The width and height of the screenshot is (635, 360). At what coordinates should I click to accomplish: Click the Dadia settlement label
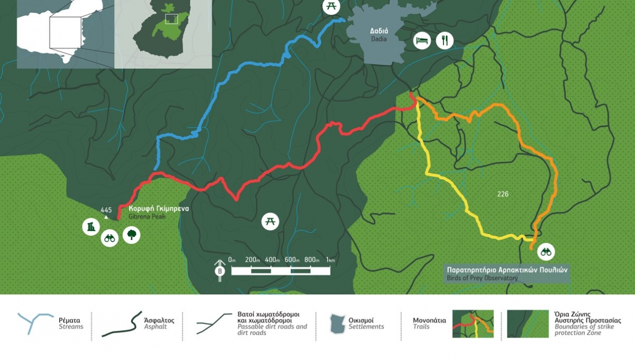[x=378, y=35]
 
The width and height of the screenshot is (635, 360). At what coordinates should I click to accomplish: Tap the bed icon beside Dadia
[x=422, y=41]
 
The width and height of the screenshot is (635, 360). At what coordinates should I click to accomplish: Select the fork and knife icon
[x=444, y=41]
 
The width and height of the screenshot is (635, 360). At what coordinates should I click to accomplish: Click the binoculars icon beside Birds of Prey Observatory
[x=546, y=251]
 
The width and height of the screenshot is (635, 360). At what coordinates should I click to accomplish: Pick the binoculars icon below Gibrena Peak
[x=109, y=238]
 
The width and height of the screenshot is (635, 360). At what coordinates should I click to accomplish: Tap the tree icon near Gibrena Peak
[x=131, y=234]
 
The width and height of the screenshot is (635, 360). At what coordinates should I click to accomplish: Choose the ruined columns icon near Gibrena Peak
[x=91, y=227]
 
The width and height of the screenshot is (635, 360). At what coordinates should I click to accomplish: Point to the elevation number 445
[x=106, y=210]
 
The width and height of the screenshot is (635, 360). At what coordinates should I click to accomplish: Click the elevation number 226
[x=503, y=194]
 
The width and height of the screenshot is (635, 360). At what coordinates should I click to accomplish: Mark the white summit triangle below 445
[x=106, y=217]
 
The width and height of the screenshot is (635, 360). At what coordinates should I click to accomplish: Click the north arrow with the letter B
[x=219, y=268]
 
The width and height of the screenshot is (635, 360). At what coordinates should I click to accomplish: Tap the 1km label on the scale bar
[x=330, y=260]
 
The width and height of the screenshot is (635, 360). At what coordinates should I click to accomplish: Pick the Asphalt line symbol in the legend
[x=122, y=324]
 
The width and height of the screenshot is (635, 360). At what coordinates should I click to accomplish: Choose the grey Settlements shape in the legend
[x=337, y=324]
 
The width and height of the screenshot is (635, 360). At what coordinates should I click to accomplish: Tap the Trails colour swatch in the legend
[x=473, y=324]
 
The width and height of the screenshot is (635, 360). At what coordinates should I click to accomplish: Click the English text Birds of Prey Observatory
[x=482, y=278]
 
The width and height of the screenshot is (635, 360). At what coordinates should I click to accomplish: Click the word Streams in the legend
[x=71, y=326]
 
